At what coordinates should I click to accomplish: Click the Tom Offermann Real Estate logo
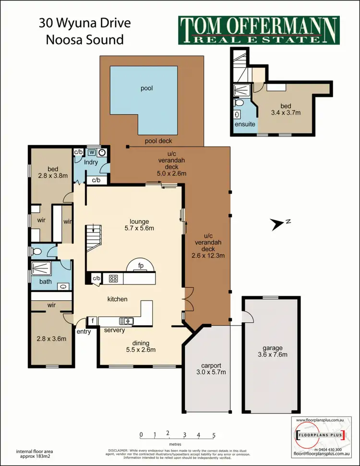tap(259, 30)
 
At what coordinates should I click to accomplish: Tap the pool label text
tap(146, 88)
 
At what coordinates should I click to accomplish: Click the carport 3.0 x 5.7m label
tap(206, 368)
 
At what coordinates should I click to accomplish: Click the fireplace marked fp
tap(141, 265)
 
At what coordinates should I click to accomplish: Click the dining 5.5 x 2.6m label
tap(135, 346)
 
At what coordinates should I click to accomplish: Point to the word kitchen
tap(117, 299)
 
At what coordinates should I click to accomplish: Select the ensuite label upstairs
tap(241, 124)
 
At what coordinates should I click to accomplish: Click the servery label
tap(115, 330)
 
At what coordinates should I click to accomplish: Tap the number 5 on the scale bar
tap(214, 436)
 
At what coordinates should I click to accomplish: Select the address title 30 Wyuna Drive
tap(84, 24)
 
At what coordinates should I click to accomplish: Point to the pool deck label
tap(158, 141)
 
